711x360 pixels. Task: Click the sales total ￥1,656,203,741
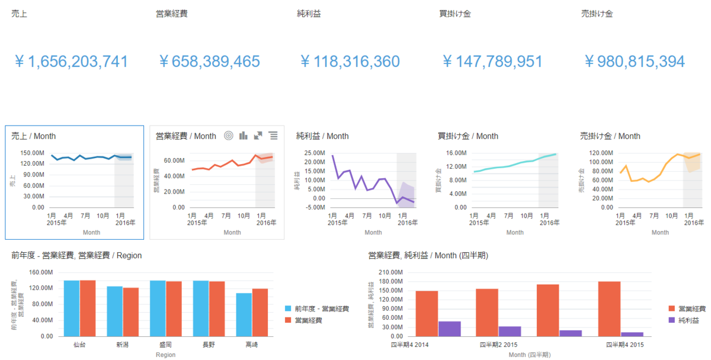point(71,62)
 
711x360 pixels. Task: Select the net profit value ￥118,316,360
point(350,62)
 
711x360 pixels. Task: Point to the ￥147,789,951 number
point(492,62)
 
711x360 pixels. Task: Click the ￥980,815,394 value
point(635,62)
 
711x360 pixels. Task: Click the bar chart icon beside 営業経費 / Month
point(244,136)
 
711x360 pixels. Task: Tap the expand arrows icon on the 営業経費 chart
point(258,136)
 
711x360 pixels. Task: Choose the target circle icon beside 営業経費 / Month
point(229,136)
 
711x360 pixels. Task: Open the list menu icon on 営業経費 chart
point(273,136)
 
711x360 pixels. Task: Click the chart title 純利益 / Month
point(322,136)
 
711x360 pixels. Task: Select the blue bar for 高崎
point(244,314)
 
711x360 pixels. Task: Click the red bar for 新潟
point(131,312)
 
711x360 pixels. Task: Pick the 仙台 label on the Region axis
point(79,345)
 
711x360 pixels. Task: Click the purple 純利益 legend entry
point(687,320)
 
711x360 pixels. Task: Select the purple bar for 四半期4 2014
point(449,329)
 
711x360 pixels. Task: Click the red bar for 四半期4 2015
point(609,308)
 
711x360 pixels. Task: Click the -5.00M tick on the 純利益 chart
point(314,207)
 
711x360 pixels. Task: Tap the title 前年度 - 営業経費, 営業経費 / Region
point(76,255)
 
